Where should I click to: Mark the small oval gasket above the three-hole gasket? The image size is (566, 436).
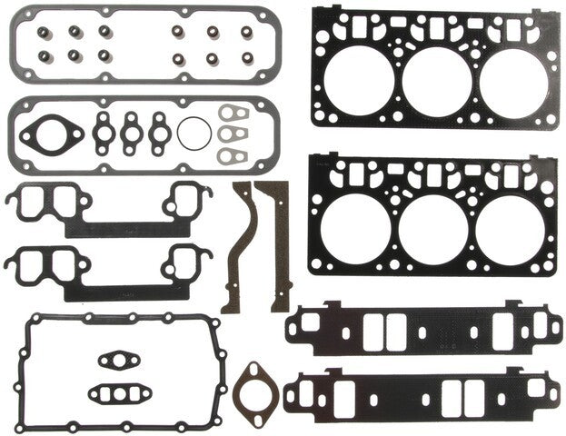[x=115, y=361]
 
